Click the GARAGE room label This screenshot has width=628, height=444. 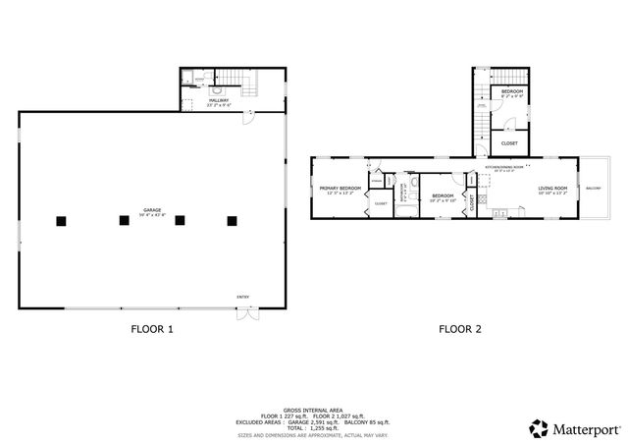click(x=152, y=210)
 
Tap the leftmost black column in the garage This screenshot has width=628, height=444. click(x=62, y=221)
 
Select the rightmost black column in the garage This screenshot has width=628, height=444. click(x=233, y=221)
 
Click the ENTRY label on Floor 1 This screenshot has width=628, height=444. click(x=242, y=298)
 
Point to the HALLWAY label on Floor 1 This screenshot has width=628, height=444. click(x=220, y=99)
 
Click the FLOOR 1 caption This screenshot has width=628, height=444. click(x=152, y=330)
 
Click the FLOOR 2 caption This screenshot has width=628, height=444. click(x=459, y=330)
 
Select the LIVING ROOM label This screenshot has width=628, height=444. click(x=553, y=189)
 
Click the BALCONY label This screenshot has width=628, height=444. click(x=594, y=188)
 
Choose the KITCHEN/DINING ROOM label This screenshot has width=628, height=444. click(x=505, y=168)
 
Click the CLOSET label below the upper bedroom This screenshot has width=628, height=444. click(x=509, y=143)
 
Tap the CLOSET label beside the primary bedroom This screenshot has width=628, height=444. click(x=380, y=204)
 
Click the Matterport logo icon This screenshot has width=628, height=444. click(x=538, y=428)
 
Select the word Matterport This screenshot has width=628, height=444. click(x=585, y=428)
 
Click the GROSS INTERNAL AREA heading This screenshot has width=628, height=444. click(x=313, y=409)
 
